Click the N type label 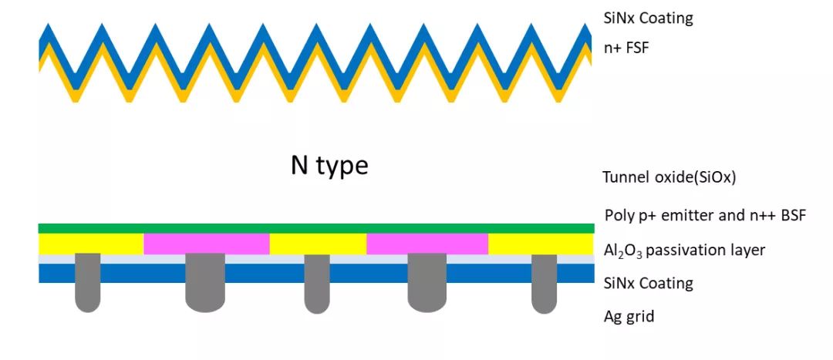[x=329, y=165]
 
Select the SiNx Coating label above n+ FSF [x=648, y=17]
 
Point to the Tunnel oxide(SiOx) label [x=669, y=177]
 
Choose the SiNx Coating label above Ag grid [x=648, y=283]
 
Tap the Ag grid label [x=629, y=315]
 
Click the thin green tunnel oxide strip [x=316, y=228]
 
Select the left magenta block [x=206, y=244]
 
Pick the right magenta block [x=427, y=244]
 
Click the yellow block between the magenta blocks [x=318, y=244]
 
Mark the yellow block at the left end [x=91, y=244]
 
